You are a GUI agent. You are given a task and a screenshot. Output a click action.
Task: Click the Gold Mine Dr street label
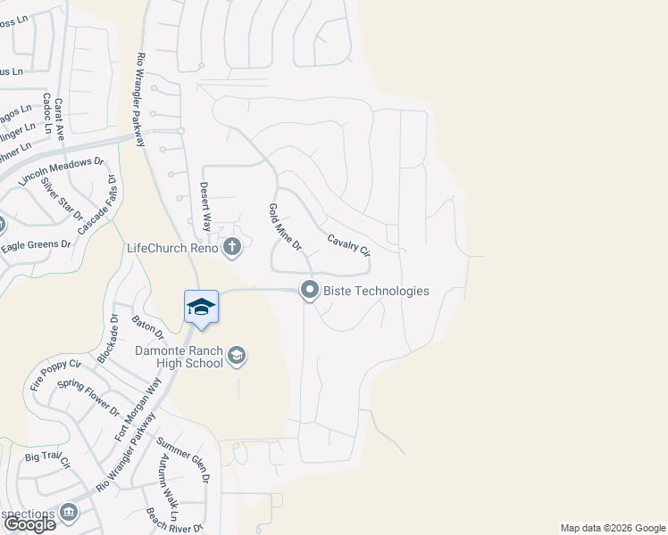pyautogui.click(x=286, y=226)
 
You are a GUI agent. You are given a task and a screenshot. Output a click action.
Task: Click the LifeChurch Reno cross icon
pyautogui.click(x=232, y=247)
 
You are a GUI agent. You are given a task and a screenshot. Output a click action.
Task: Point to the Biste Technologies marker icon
pyautogui.click(x=310, y=291)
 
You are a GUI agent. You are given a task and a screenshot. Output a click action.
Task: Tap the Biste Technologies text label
pyautogui.click(x=376, y=291)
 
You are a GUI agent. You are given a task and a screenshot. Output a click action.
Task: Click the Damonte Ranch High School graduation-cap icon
pyautogui.click(x=237, y=357)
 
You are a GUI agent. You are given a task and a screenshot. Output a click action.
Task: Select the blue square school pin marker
pyautogui.click(x=202, y=308)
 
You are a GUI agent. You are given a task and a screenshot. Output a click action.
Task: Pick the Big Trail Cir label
pyautogui.click(x=47, y=461)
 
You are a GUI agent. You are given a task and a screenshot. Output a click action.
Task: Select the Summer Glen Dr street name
pyautogui.click(x=183, y=459)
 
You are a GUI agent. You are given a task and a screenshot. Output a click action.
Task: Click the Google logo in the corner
pyautogui.click(x=29, y=523)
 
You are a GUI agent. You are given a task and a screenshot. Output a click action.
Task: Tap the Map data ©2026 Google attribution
pyautogui.click(x=612, y=528)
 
